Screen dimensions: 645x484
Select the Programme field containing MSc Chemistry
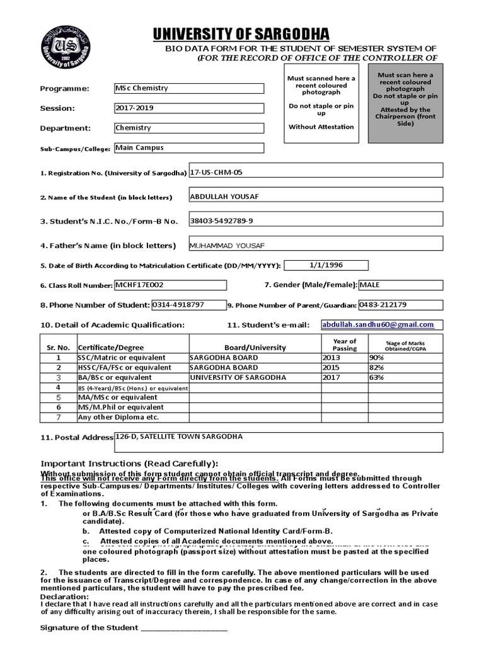(188, 88)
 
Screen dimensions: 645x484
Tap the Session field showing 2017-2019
(188, 108)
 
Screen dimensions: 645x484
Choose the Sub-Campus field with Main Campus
(188, 148)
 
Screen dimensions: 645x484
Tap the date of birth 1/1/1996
(326, 265)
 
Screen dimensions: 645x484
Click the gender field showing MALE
(400, 285)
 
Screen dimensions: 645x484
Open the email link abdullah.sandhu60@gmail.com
(378, 325)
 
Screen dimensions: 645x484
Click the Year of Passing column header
(344, 345)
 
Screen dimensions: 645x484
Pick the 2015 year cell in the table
(331, 367)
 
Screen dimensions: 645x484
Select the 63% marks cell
(377, 377)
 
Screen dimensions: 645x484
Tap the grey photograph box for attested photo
(405, 103)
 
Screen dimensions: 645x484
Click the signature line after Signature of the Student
(183, 628)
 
